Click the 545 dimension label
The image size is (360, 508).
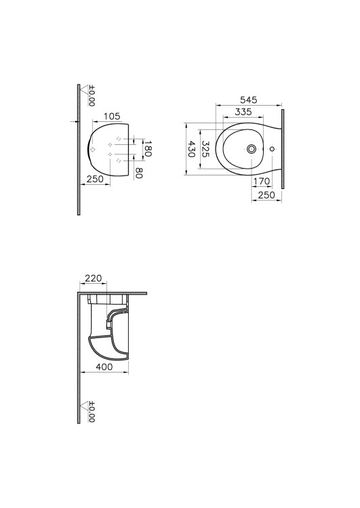[x=248, y=100]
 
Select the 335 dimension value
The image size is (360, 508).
[x=243, y=112]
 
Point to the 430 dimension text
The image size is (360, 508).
[x=192, y=149]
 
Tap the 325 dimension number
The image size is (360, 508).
[x=205, y=149]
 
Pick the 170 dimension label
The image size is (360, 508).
[x=262, y=182]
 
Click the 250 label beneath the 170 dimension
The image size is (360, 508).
[x=266, y=195]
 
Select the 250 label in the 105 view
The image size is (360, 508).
[x=95, y=179]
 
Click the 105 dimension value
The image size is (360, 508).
[x=112, y=116]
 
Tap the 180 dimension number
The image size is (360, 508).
[x=148, y=149]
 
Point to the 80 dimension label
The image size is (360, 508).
[x=139, y=173]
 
